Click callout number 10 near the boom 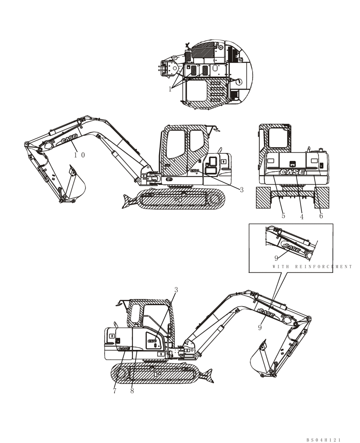point(79,155)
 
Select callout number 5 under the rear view point(283,216)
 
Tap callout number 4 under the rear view point(301,217)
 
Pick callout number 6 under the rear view point(321,216)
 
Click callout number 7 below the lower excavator point(114,391)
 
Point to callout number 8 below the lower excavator point(132,391)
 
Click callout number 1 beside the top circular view point(170,89)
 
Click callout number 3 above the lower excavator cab point(176,290)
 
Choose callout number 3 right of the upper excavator point(242,190)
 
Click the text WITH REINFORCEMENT point(313,267)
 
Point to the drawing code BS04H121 point(324,439)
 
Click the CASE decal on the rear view point(292,172)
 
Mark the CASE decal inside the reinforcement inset point(292,247)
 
